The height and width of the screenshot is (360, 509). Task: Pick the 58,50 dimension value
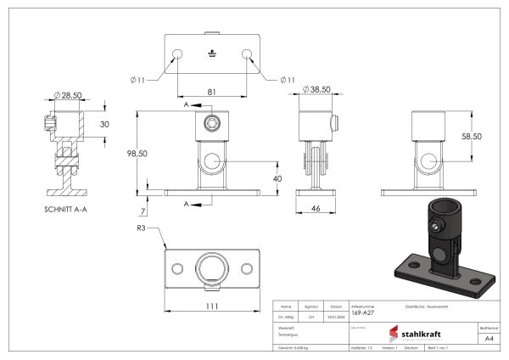point(471,136)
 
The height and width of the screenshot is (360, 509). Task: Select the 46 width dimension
point(316,207)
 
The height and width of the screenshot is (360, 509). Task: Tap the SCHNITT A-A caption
point(69,209)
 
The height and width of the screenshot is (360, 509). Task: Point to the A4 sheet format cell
point(488,338)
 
